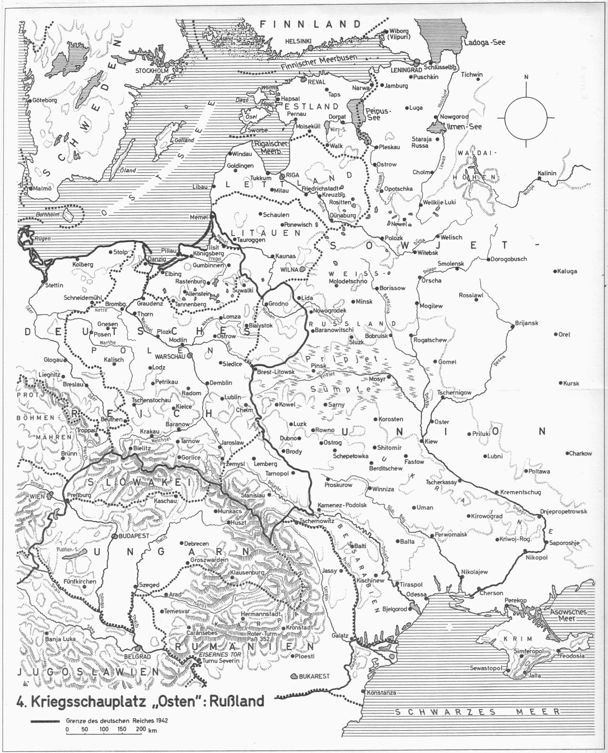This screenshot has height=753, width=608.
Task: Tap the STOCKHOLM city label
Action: click(151, 71)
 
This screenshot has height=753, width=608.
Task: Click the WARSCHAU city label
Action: click(169, 355)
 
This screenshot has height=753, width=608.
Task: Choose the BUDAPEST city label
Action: click(133, 535)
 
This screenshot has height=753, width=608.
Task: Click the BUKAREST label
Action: click(314, 676)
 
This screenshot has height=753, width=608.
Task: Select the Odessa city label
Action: click(416, 595)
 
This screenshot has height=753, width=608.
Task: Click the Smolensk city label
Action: click(451, 264)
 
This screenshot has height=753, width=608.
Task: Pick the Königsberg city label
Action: click(208, 253)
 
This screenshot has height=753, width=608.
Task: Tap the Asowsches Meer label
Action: click(569, 615)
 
